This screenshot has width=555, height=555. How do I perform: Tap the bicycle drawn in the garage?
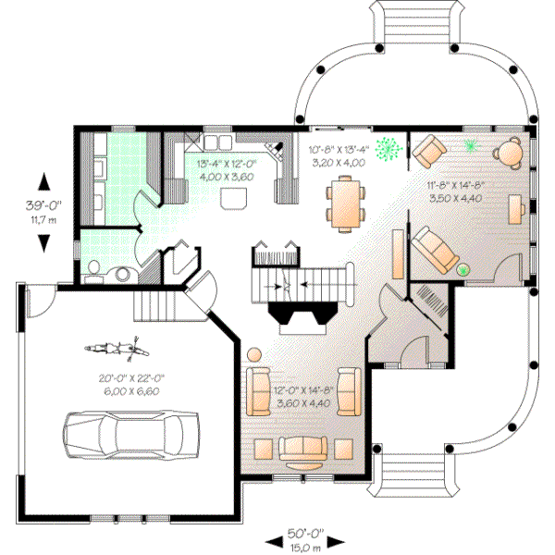click(x=116, y=349)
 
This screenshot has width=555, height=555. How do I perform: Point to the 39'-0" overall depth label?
click(x=43, y=209)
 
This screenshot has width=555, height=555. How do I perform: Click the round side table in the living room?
click(x=254, y=353)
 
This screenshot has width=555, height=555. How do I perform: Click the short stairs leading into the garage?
click(x=154, y=302)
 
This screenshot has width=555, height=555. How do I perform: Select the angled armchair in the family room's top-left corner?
click(x=428, y=150)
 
